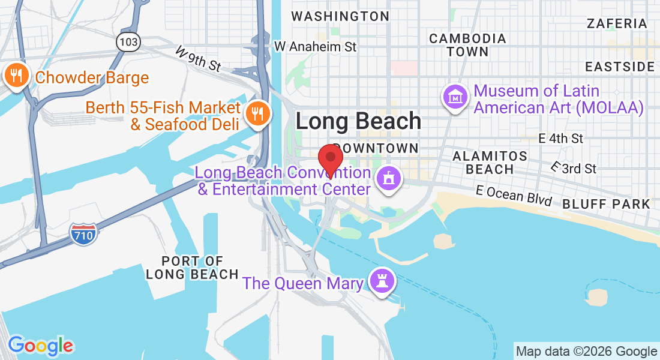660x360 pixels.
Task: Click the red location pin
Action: tap(330, 160)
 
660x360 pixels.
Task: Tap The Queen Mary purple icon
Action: tap(381, 281)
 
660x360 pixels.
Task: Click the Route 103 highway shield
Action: tap(128, 42)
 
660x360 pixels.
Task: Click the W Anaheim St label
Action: tap(315, 46)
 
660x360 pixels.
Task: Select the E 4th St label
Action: tap(561, 139)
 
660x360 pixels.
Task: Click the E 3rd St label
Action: tap(574, 168)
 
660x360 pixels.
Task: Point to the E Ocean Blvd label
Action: tap(514, 195)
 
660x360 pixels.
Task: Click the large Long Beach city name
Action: tap(358, 121)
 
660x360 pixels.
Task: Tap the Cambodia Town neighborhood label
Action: tap(467, 45)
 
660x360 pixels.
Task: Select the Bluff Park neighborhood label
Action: tap(606, 204)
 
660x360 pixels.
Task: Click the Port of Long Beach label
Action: tap(193, 268)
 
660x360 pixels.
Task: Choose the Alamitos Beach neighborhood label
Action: tap(490, 163)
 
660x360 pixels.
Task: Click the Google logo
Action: tap(40, 346)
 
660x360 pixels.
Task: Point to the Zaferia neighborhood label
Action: tap(617, 24)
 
